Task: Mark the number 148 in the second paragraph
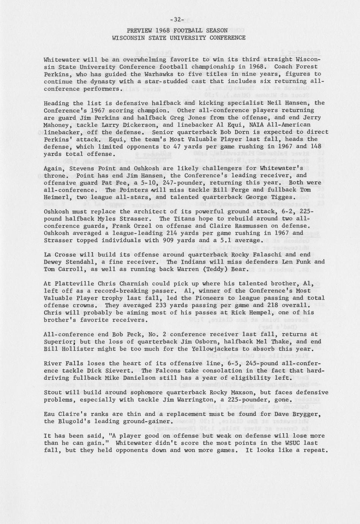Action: (316, 147)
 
